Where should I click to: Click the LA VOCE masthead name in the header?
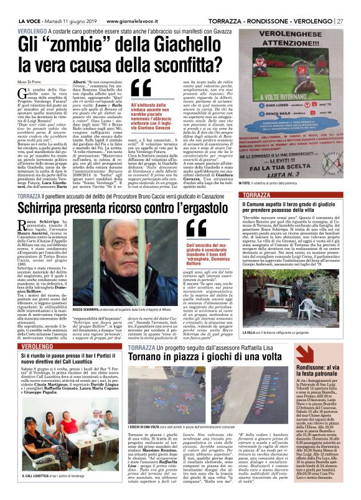point(14,6)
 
